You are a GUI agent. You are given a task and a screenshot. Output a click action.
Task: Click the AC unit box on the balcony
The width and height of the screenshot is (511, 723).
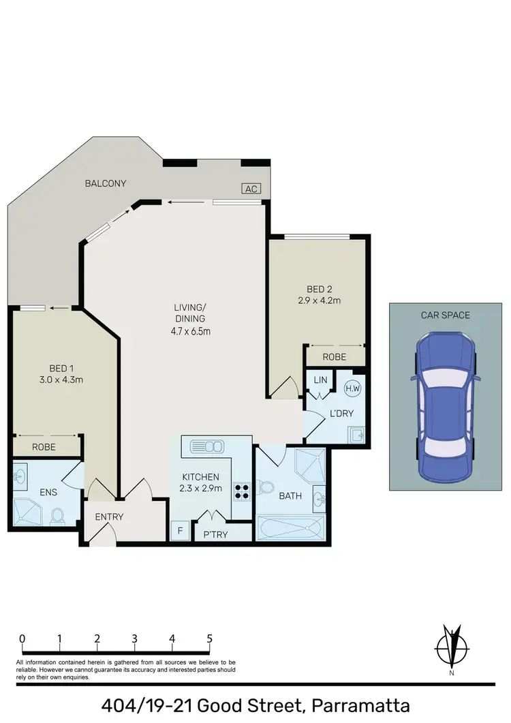tap(251, 189)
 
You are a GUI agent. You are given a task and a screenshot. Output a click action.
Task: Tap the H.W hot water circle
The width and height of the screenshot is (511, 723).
tap(352, 388)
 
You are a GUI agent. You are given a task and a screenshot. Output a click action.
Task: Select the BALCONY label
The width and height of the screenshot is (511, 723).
tap(106, 183)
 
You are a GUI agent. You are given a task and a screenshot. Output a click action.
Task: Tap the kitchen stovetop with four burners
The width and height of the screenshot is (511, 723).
tap(243, 491)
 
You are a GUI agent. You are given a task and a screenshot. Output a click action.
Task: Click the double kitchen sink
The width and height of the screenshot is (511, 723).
tap(208, 447)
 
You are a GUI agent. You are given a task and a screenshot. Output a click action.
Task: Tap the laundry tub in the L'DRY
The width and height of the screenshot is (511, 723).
tap(356, 434)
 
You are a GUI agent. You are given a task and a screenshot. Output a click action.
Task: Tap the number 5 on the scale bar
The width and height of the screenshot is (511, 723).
tap(209, 639)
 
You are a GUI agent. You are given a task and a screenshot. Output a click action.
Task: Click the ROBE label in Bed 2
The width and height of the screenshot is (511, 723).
tap(335, 357)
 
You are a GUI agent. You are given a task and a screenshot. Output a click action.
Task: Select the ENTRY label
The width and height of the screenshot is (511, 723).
tap(109, 517)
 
